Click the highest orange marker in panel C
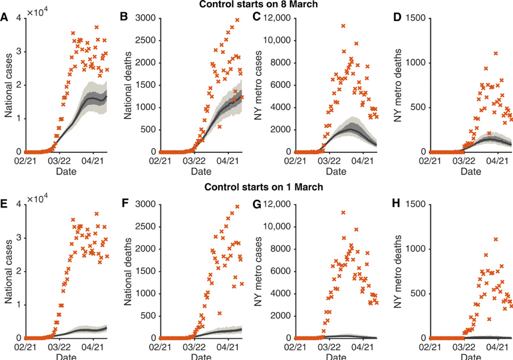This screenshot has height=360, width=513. pos(344,26)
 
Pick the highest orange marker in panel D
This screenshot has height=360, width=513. pos(495,53)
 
